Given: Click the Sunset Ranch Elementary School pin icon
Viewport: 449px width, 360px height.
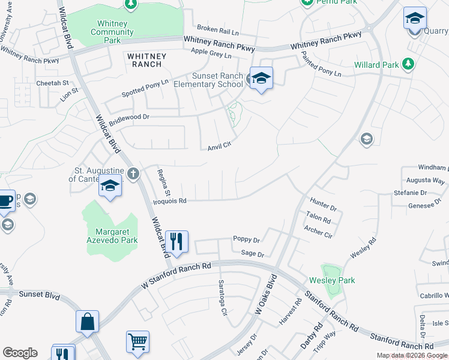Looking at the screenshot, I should point(261,79).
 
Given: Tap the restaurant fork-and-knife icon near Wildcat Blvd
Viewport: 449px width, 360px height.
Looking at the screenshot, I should point(176,242).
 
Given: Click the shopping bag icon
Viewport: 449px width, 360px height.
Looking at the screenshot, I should point(87,321).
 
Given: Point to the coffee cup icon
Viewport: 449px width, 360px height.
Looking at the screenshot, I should point(5,200).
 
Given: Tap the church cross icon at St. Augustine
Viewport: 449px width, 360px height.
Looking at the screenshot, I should point(133,174).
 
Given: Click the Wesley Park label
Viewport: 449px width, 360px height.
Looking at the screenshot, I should point(332,280).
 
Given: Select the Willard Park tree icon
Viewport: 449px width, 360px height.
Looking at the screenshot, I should point(408,64).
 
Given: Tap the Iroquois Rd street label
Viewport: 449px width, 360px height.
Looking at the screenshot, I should point(170,201).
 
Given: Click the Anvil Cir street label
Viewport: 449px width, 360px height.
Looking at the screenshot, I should point(219,147).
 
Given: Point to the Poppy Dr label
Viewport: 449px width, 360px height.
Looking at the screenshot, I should point(246,239).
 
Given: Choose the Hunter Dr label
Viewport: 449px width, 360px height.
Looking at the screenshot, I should point(324,203).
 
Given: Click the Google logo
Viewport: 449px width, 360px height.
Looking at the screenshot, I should point(20,353).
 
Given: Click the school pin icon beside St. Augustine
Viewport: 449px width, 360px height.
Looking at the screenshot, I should point(110,187).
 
